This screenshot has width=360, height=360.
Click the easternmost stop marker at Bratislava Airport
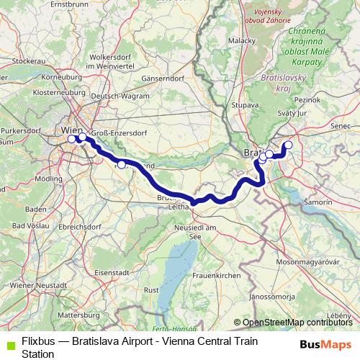(x=289, y=145)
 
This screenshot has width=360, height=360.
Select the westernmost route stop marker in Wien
(x=71, y=139)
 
